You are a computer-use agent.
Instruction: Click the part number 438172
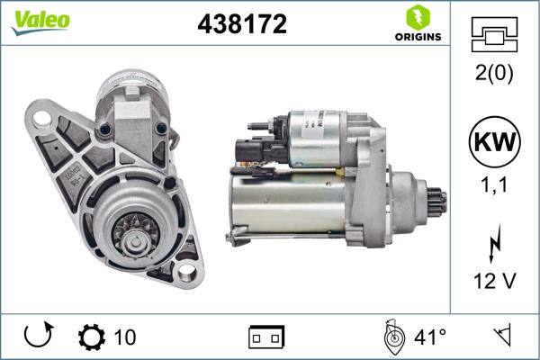pyautogui.click(x=242, y=25)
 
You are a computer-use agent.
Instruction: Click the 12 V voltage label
pyautogui.click(x=495, y=282)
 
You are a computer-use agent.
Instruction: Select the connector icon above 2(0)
pyautogui.click(x=495, y=36)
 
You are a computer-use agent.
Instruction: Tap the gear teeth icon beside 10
pyautogui.click(x=91, y=337)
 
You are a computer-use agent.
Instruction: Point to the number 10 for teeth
pyautogui.click(x=125, y=337)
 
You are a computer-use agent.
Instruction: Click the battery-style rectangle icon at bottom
pyautogui.click(x=266, y=337)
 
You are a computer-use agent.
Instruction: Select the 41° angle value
pyautogui.click(x=429, y=337)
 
